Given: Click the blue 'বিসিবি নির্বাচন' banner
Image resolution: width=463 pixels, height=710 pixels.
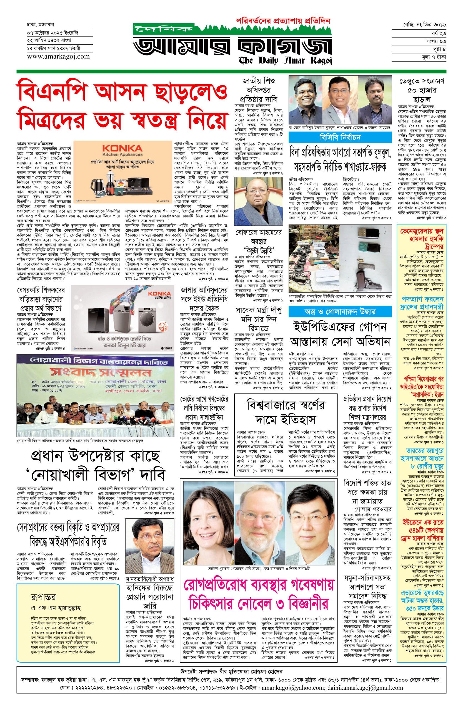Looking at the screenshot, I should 340,138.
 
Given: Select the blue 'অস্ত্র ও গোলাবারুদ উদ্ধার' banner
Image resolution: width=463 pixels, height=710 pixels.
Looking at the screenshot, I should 340,312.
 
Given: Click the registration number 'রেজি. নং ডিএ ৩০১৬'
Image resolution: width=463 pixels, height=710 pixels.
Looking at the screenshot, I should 424,24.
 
